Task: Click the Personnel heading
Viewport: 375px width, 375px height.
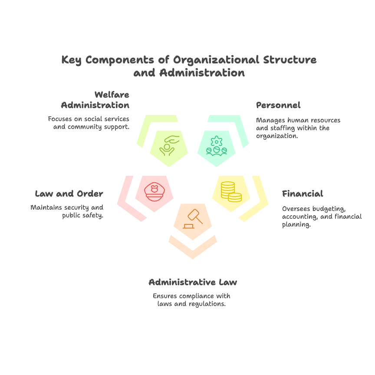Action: point(278,105)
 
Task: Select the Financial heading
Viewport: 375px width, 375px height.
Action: point(303,194)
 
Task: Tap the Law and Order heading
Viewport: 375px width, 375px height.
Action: point(69,194)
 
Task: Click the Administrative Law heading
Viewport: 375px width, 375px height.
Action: point(193,282)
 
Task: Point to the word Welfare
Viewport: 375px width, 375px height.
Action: point(112,95)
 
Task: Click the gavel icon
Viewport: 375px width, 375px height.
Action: point(193,219)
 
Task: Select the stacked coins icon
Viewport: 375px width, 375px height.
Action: point(231,192)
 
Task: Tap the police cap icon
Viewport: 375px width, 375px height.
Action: point(155,192)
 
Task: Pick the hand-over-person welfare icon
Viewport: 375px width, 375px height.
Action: point(169,145)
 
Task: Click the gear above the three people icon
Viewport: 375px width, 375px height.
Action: point(217,141)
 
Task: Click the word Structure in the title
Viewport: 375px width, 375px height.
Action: point(290,60)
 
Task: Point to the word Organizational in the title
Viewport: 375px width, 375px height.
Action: point(216,60)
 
